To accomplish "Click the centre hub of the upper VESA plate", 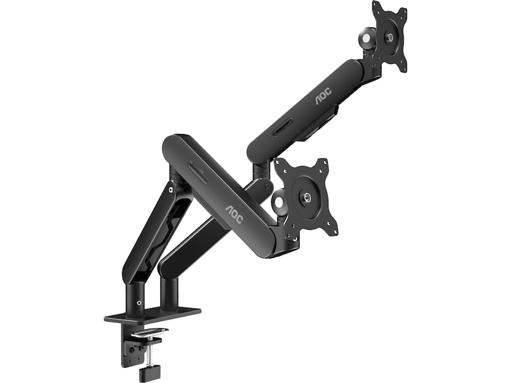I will [x=388, y=36].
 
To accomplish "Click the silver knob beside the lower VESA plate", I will [x=280, y=203].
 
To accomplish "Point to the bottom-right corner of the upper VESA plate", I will [x=404, y=68].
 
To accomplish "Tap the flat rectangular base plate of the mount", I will [x=153, y=314].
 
